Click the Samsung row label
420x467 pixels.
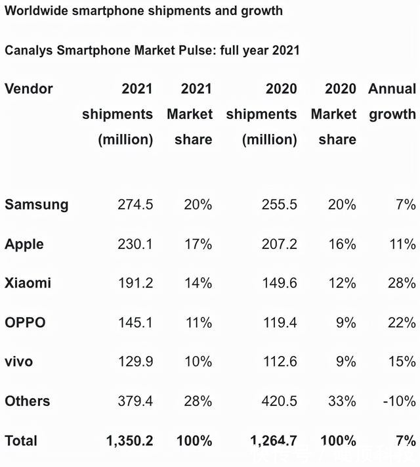(37, 204)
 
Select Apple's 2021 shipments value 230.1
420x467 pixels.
(135, 244)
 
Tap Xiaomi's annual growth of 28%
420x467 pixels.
(401, 283)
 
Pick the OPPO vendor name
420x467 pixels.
(25, 322)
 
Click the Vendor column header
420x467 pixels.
(29, 89)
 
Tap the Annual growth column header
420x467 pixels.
(392, 101)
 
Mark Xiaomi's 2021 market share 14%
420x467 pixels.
(198, 283)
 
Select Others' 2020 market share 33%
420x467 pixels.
(342, 401)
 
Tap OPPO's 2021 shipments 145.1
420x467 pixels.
(135, 322)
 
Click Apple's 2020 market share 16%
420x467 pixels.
(342, 244)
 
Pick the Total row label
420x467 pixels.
(21, 440)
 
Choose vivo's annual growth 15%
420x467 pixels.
(401, 361)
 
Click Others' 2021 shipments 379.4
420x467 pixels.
(135, 401)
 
